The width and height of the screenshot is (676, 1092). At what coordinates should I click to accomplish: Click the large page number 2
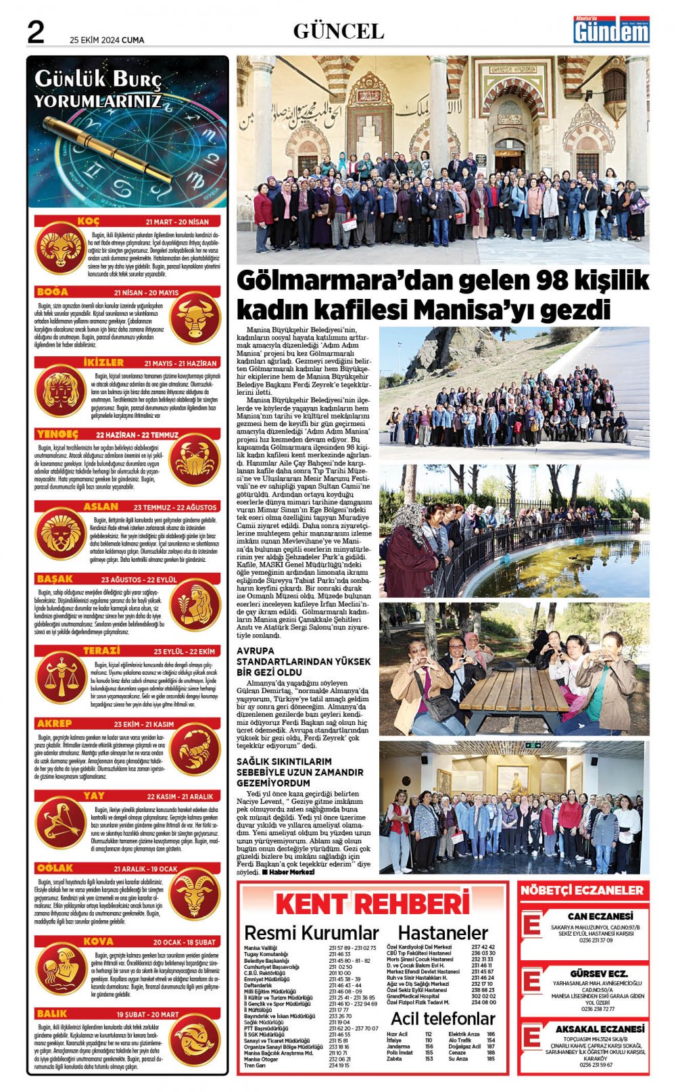click(x=34, y=32)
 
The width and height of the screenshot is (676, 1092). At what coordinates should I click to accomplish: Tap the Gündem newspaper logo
click(x=611, y=30)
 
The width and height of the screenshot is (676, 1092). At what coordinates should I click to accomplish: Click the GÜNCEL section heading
click(x=338, y=31)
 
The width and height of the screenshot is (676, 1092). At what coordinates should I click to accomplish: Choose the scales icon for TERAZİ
click(x=60, y=679)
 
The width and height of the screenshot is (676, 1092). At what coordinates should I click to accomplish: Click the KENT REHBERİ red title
click(x=372, y=904)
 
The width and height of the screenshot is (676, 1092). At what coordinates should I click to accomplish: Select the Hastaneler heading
click(x=443, y=933)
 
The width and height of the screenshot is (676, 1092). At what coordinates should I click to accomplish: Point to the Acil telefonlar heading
click(x=443, y=1018)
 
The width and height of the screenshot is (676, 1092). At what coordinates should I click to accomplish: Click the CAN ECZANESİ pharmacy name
click(x=591, y=916)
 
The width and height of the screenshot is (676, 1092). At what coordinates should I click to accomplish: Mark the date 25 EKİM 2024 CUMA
click(x=107, y=40)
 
